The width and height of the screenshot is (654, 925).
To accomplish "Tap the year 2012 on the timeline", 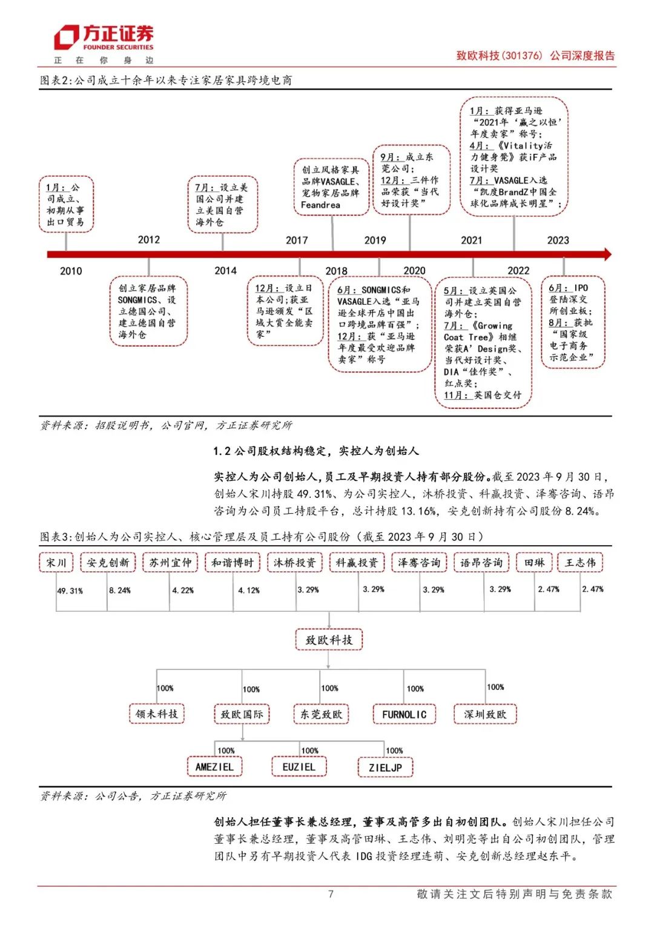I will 149,240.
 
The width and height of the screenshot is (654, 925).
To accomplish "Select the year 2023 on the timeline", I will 558,240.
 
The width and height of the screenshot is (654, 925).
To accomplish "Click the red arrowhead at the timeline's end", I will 606,254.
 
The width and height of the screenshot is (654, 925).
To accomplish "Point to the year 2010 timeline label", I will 71,271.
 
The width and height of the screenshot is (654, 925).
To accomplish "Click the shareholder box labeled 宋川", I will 56,563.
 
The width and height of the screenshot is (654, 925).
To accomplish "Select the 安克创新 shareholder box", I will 108,563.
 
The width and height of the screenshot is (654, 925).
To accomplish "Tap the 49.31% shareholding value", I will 70,591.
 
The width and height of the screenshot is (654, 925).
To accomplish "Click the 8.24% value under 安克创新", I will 120,590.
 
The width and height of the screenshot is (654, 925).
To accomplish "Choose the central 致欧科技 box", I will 329,640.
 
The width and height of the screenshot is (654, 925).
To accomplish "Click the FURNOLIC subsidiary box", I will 404,714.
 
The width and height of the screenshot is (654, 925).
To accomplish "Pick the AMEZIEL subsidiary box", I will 214,767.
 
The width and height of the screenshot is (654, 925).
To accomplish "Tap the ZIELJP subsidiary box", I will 385,768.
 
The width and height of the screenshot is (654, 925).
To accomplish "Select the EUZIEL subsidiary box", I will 299,767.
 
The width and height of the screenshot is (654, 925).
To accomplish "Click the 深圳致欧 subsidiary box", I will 485,714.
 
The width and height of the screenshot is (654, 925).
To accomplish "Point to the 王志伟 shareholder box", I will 580,563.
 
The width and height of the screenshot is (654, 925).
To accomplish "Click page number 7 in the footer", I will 331,894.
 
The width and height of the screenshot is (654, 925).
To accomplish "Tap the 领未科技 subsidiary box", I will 157,714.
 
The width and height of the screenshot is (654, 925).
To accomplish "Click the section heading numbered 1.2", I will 315,451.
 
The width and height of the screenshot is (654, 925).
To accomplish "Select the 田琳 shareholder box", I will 534,563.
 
